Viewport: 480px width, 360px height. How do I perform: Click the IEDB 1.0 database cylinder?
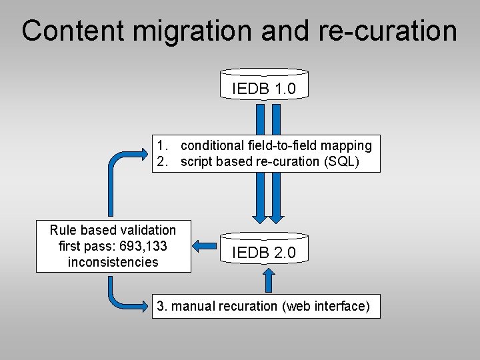pos(264,85)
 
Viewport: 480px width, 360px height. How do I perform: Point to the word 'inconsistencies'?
pos(113,262)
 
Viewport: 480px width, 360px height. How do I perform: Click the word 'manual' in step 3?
pos(193,306)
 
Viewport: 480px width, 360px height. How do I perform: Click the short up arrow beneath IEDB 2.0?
pos(269,280)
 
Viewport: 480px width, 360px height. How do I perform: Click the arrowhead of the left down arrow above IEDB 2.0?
pos(259,217)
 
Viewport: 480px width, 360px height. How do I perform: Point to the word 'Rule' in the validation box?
pos(63,230)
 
